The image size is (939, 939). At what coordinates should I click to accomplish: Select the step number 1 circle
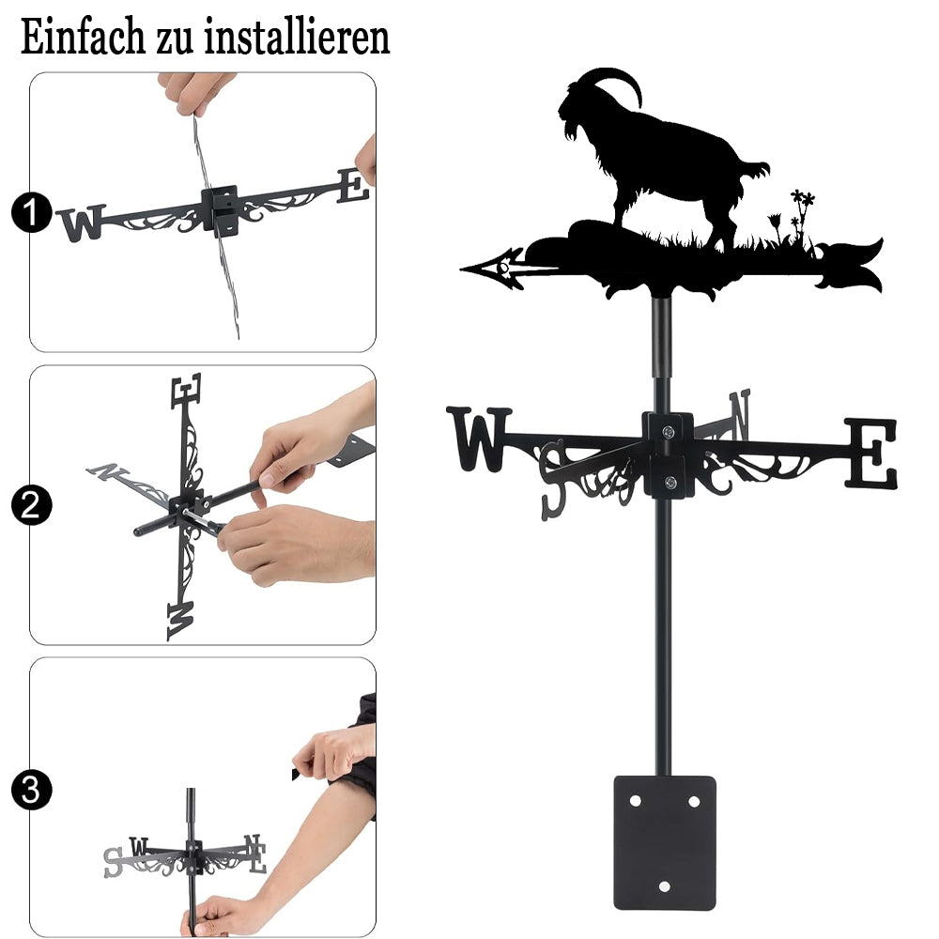(31, 212)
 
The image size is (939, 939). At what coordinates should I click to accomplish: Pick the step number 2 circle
(31, 505)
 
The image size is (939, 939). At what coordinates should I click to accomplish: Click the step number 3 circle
(31, 790)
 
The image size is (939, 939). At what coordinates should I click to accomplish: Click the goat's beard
(573, 131)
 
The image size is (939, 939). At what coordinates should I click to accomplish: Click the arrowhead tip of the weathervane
(462, 269)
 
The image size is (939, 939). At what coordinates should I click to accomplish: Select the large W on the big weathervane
(479, 439)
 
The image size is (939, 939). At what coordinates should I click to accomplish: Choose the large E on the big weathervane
(871, 453)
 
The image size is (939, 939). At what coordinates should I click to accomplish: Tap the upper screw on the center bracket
(669, 431)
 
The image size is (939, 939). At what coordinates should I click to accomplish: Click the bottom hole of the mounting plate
(664, 886)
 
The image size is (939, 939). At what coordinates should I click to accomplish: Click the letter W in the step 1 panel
(82, 223)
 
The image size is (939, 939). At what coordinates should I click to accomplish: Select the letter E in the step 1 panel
(353, 186)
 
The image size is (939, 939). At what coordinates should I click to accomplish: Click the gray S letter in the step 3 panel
(112, 862)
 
